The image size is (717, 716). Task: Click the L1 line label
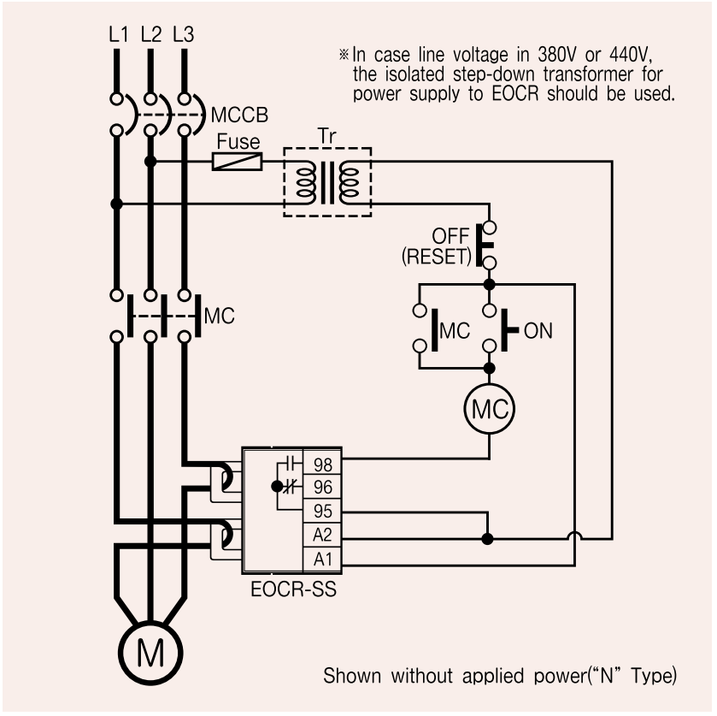click(x=119, y=34)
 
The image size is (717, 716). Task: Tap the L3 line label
click(x=184, y=34)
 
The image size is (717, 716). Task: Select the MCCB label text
click(x=239, y=115)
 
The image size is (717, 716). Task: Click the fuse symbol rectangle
click(x=238, y=162)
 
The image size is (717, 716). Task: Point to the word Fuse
click(x=238, y=141)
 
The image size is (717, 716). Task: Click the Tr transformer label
click(x=327, y=136)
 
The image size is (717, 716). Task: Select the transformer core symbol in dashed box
click(x=327, y=181)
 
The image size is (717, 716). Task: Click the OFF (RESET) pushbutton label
click(x=436, y=246)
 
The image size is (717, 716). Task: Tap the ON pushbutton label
click(x=538, y=330)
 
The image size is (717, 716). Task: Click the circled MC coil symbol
click(x=490, y=409)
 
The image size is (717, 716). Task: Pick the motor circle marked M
click(x=150, y=653)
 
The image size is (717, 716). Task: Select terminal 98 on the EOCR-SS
click(x=323, y=465)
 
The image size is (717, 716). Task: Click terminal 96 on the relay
click(x=323, y=487)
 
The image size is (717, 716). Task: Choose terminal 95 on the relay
click(x=323, y=511)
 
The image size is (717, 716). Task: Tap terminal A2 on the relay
click(x=323, y=535)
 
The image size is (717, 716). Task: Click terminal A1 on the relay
click(x=323, y=559)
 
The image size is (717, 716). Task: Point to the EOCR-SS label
click(x=294, y=589)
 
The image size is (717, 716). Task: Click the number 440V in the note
click(x=631, y=55)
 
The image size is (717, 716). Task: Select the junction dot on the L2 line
click(x=150, y=162)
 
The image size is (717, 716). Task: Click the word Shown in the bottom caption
click(x=352, y=676)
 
